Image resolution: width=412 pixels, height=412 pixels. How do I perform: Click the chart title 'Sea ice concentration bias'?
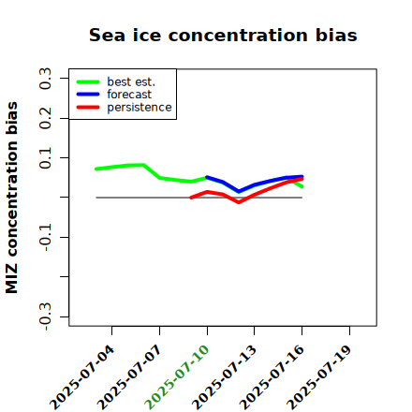click(223, 35)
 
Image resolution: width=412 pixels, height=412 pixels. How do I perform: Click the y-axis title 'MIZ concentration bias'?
click(11, 198)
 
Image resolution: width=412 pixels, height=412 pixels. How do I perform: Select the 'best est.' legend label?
click(131, 81)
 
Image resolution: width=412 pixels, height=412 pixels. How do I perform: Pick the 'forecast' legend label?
click(129, 95)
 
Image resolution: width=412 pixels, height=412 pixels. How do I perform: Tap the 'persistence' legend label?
click(140, 108)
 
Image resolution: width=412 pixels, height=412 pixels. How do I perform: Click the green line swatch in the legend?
click(88, 81)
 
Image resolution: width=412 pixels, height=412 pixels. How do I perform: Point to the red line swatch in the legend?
click(88, 108)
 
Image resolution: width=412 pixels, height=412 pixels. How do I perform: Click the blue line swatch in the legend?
click(88, 95)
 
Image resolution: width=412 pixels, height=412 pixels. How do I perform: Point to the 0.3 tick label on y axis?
click(45, 79)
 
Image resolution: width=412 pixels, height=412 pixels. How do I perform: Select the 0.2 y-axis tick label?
click(45, 118)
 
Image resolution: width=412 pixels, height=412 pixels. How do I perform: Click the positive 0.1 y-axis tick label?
click(45, 158)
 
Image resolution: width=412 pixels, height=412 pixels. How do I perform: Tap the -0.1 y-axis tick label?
click(45, 238)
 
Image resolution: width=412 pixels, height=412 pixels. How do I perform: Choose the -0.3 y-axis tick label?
click(45, 316)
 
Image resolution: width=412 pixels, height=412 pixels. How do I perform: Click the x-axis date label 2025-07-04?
click(81, 377)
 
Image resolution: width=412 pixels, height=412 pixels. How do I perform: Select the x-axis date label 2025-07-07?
click(129, 377)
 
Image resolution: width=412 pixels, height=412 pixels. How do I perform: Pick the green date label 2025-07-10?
click(177, 377)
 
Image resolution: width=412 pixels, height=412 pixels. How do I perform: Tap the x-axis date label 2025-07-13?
click(224, 377)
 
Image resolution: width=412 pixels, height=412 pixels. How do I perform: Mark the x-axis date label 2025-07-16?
click(272, 377)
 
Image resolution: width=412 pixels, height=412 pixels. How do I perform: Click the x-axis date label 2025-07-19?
click(319, 377)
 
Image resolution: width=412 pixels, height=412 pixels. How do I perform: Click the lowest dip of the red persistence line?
click(239, 202)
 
